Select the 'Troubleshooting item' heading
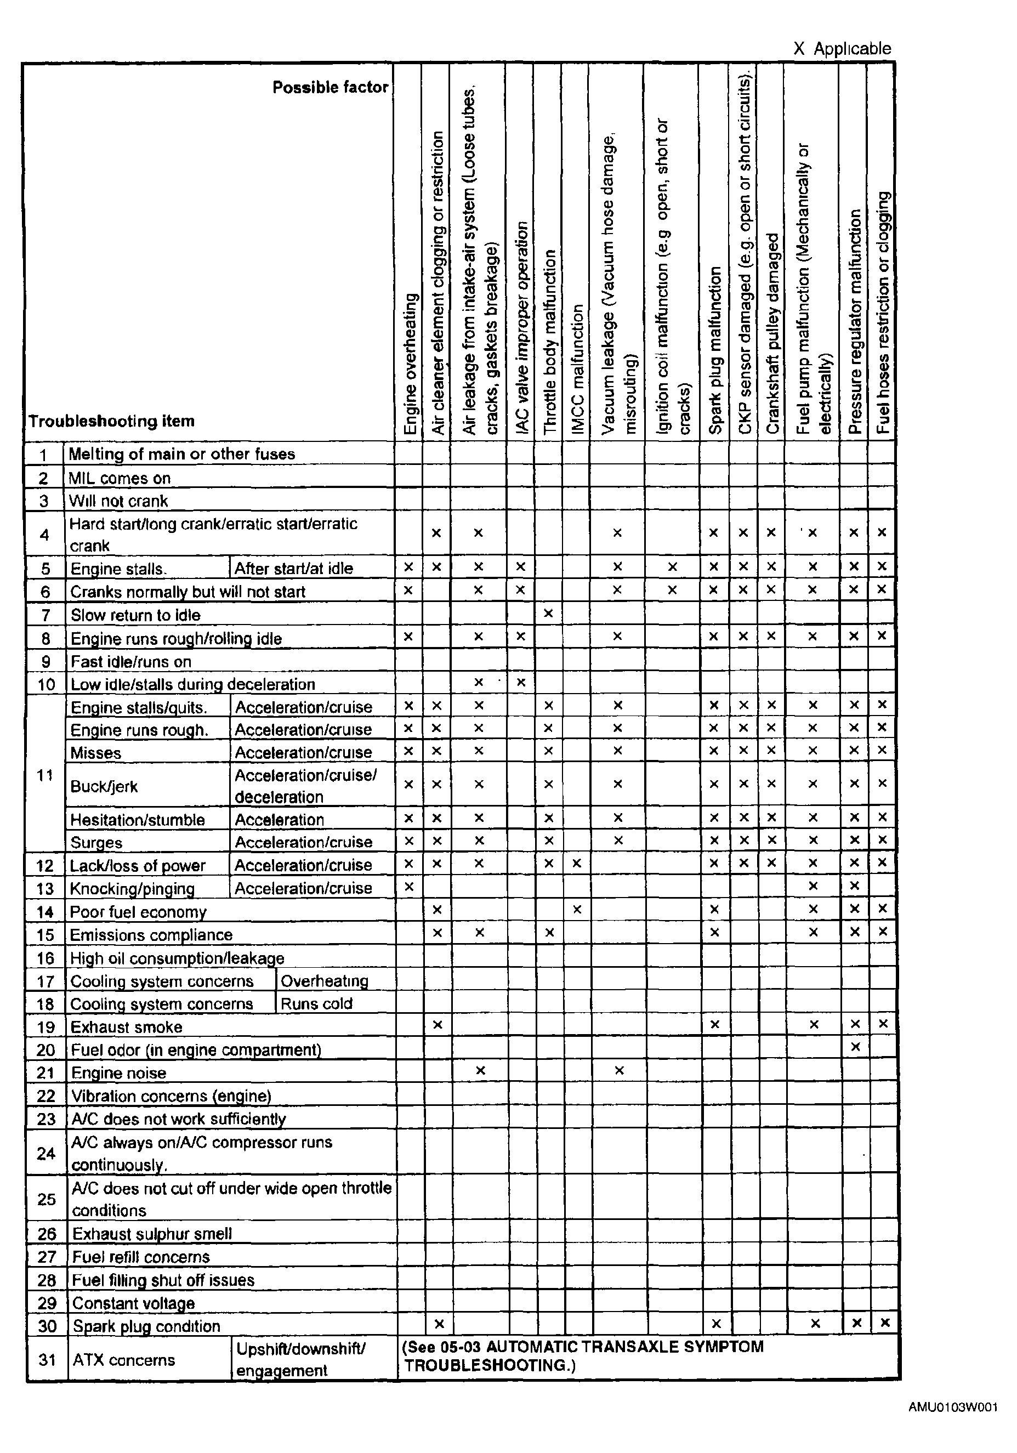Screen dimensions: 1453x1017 [111, 421]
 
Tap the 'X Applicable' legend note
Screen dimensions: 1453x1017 [842, 49]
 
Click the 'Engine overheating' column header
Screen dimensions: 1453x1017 [411, 364]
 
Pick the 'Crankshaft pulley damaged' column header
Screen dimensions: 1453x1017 [772, 333]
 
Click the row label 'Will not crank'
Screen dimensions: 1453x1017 [118, 501]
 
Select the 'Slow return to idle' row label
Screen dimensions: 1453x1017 [135, 615]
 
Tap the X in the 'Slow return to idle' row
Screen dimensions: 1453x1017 [549, 612]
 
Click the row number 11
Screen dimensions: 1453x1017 [45, 775]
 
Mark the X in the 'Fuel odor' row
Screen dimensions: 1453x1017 [855, 1047]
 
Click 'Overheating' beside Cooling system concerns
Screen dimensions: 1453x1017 [324, 981]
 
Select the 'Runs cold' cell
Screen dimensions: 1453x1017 [316, 1004]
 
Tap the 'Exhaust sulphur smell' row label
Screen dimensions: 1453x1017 [152, 1233]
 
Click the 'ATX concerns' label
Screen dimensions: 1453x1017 [123, 1359]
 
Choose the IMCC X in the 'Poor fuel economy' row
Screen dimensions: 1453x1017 [577, 910]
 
